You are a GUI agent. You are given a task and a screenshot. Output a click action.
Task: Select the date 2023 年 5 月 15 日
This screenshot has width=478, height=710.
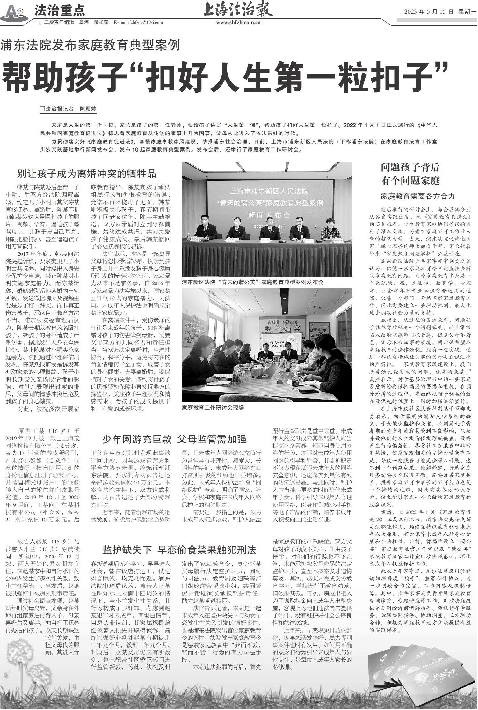tap(428, 12)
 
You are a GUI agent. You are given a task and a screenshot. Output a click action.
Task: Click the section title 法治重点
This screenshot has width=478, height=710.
tap(60, 11)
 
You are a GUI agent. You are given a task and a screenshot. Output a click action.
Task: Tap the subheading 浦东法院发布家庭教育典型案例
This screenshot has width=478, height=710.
tap(90, 45)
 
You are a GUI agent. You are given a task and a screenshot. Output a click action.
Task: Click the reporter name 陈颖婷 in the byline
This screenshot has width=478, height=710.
tap(88, 109)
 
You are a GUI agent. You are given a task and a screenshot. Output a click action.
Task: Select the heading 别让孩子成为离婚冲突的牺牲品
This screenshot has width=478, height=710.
tap(87, 174)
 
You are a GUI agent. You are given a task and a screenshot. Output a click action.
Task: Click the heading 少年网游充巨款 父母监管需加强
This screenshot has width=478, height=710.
tap(174, 439)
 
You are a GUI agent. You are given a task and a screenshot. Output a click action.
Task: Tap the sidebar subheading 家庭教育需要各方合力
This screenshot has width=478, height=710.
tap(418, 196)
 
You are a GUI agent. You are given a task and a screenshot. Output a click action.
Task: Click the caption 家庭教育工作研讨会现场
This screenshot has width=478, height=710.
tap(213, 407)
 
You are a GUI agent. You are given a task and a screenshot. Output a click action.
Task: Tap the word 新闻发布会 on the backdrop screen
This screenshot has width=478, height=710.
tap(269, 215)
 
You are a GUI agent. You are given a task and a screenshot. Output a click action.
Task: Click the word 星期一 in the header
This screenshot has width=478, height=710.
tap(467, 12)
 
